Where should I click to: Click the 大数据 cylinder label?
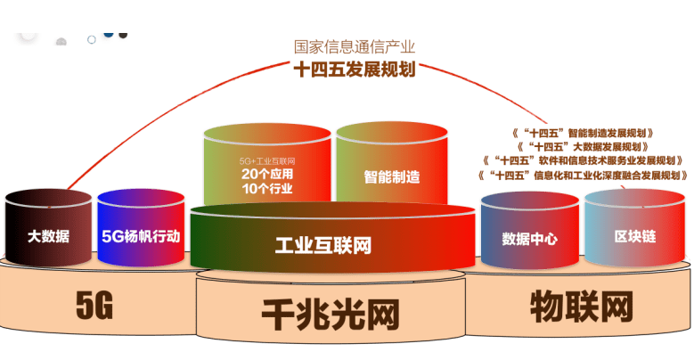[x=48, y=237]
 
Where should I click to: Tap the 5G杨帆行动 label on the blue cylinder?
[x=141, y=237]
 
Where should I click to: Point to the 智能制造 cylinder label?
[x=391, y=176]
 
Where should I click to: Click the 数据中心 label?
[x=530, y=238]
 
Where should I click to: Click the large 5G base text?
[x=94, y=307]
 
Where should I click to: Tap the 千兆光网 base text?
[x=330, y=314]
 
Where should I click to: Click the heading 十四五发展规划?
[x=355, y=70]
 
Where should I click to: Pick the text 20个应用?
[x=266, y=174]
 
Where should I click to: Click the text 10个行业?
[x=266, y=188]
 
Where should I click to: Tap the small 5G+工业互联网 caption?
[x=266, y=160]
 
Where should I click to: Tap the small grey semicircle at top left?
[x=61, y=41]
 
